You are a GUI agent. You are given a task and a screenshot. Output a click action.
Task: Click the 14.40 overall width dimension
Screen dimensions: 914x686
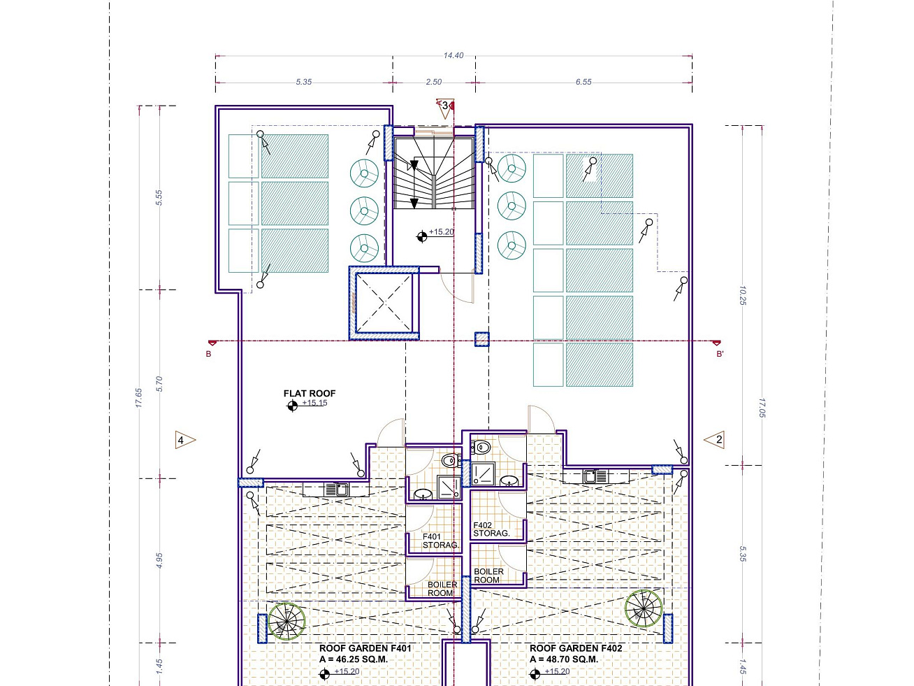453,55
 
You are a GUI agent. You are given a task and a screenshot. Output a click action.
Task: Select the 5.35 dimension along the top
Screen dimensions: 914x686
303,82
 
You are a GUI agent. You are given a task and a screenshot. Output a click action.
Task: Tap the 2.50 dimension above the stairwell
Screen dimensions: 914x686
433,82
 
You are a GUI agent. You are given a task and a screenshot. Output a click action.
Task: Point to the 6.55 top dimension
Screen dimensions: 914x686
583,82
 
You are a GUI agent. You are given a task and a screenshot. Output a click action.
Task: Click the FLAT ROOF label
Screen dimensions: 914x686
310,393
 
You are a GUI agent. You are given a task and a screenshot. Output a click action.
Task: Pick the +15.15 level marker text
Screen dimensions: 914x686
315,403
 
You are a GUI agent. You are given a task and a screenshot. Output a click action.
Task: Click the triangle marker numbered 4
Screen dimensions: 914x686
185,440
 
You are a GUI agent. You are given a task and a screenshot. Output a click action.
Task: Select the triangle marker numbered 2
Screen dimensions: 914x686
714,439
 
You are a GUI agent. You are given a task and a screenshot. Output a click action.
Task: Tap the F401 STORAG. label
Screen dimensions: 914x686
440,541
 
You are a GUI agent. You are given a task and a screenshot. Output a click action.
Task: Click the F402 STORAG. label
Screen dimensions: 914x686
491,529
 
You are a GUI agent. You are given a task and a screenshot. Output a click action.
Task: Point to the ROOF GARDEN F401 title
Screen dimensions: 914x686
365,648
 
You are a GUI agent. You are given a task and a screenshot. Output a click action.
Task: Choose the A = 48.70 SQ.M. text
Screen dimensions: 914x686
564,659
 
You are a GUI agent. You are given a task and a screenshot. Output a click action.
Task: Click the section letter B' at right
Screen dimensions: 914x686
720,354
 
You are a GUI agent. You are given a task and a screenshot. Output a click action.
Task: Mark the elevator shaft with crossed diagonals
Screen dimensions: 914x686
384,303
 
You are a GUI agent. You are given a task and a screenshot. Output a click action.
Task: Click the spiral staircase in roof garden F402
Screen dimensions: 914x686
644,608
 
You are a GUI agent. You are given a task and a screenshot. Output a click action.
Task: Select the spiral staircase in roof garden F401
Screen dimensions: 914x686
287,622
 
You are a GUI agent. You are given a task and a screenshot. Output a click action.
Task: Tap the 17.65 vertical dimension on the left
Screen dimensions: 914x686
138,398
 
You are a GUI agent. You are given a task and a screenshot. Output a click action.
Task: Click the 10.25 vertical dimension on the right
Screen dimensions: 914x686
742,295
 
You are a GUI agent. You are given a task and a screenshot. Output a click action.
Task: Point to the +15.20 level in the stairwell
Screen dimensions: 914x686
442,231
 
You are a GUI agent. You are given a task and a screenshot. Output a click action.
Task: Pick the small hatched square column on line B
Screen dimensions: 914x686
482,339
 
